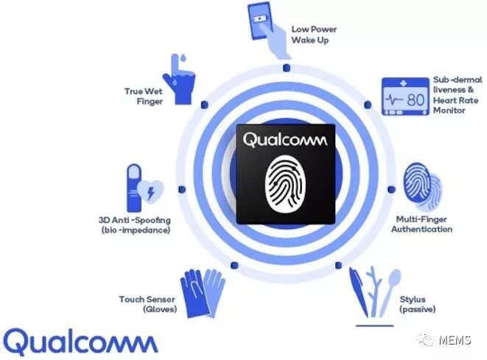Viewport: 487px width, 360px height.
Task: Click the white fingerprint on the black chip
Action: point(285,185)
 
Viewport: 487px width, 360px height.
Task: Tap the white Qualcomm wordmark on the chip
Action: point(285,140)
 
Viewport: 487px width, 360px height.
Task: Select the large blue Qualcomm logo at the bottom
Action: point(80,342)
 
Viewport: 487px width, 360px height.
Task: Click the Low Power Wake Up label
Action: point(314,35)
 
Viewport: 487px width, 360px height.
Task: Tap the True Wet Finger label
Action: point(144,96)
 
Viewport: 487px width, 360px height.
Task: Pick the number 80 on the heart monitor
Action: point(416,100)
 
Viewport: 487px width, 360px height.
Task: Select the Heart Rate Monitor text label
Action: point(458,95)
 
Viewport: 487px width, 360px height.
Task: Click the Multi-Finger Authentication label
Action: point(421,225)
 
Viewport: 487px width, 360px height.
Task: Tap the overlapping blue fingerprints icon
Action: point(421,186)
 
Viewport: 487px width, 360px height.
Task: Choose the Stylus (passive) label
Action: point(418,305)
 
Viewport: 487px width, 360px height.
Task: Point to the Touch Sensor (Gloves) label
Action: point(147,305)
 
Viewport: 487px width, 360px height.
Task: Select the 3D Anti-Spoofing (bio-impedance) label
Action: point(135,225)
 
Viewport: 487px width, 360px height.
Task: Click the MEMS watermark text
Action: point(455,340)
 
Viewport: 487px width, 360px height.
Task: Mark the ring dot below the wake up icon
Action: point(287,68)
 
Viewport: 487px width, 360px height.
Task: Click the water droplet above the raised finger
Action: point(183,57)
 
